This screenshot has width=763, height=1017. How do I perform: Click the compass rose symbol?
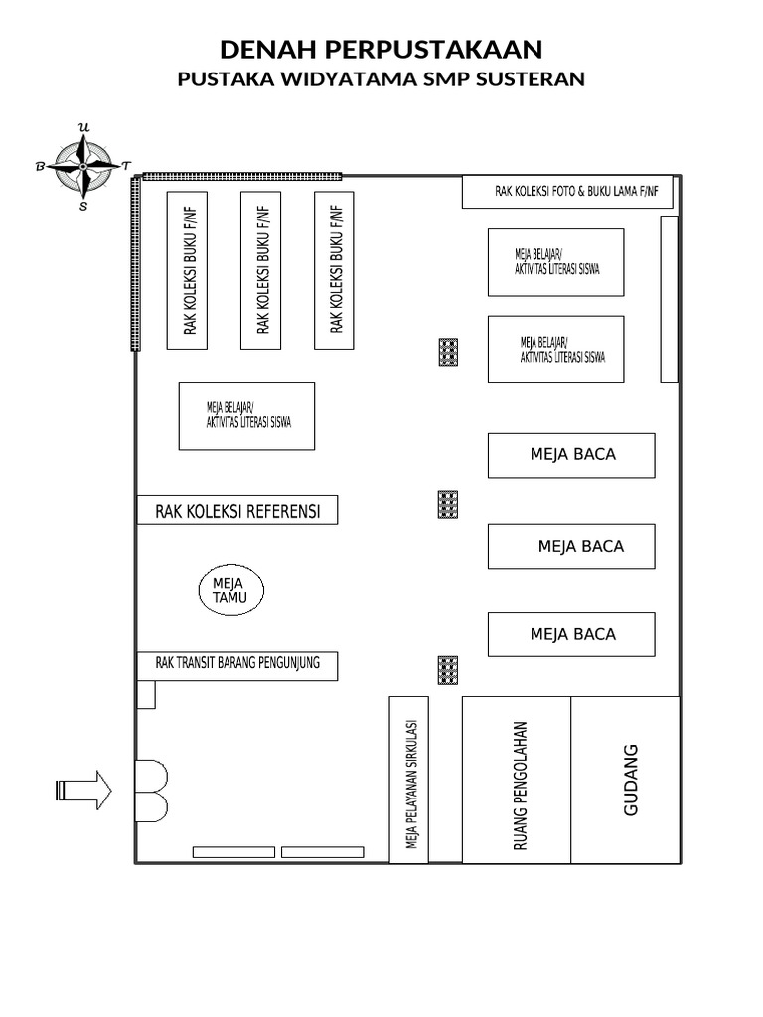point(83,166)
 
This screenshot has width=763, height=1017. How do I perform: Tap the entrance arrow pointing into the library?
point(83,790)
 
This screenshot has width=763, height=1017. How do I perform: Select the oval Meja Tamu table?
point(230,590)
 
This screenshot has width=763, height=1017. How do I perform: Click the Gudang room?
point(626,780)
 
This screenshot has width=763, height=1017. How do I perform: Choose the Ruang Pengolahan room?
point(517,780)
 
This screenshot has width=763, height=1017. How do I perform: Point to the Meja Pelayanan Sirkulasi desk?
point(408,780)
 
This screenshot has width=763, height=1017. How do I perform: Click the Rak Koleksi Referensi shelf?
point(237,509)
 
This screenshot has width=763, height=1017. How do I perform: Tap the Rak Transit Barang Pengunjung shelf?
point(237,665)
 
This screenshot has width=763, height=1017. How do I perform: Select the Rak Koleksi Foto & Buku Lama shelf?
point(567,192)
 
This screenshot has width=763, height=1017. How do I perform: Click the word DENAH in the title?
point(268,50)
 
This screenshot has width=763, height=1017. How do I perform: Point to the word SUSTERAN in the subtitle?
point(531,79)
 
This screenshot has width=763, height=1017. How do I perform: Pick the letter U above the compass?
point(83,127)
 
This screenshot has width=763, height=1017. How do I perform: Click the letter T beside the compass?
point(126,166)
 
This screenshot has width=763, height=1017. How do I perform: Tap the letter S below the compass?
point(83,207)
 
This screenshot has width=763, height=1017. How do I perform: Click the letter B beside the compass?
point(40,167)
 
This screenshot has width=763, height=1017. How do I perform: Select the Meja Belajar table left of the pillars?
point(246,416)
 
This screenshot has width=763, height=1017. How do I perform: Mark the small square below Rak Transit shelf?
point(146,694)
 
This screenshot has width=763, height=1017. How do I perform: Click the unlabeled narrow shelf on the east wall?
point(669,299)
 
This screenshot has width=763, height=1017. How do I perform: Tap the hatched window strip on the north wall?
point(242,176)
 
